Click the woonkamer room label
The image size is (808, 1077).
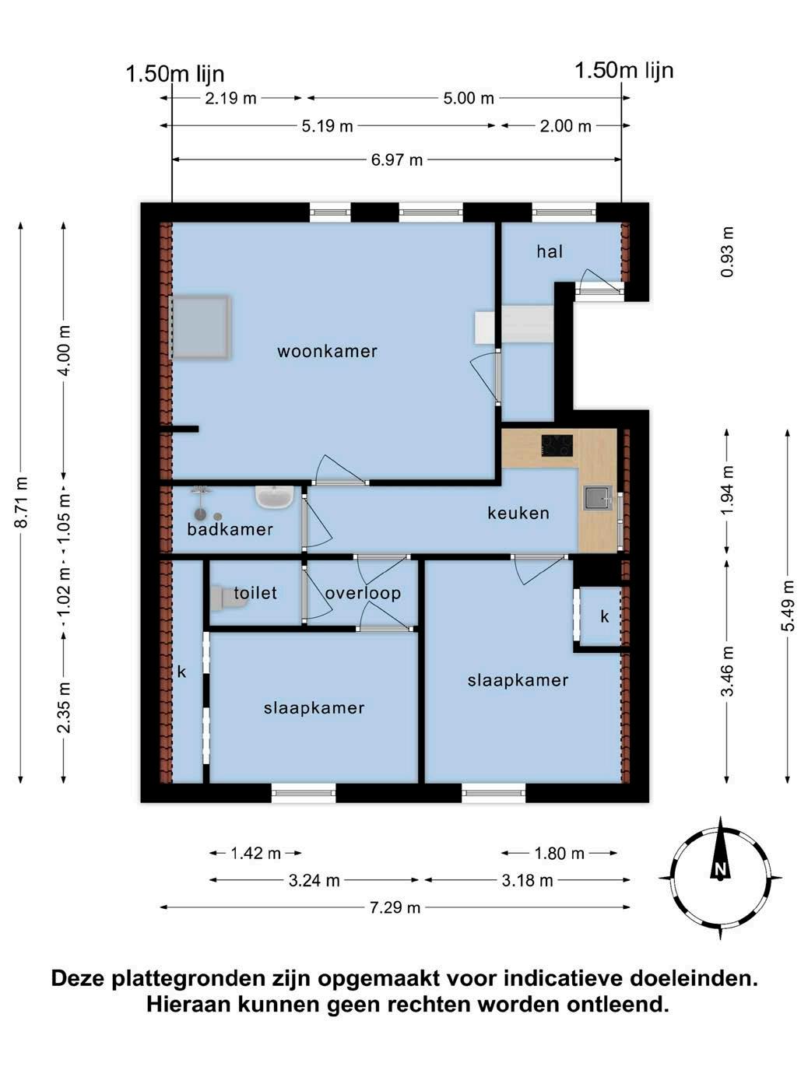click(327, 351)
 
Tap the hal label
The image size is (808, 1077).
click(550, 251)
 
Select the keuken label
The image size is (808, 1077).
click(518, 514)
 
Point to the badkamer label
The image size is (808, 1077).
click(230, 529)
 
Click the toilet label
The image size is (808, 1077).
click(255, 593)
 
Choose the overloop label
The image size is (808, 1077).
click(363, 594)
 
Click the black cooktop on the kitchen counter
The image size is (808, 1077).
click(557, 446)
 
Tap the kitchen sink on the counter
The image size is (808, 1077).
click(597, 499)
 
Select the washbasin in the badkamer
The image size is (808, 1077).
click(274, 497)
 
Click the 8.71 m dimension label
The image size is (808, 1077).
click(22, 502)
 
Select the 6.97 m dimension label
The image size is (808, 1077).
click(396, 160)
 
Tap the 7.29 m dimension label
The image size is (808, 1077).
click(395, 907)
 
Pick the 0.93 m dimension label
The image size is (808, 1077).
click(727, 251)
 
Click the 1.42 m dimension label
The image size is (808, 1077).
click(255, 854)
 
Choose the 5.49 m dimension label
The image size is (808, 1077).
click(788, 606)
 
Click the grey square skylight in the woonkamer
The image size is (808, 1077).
click(200, 328)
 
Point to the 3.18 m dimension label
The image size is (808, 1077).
click(528, 881)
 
